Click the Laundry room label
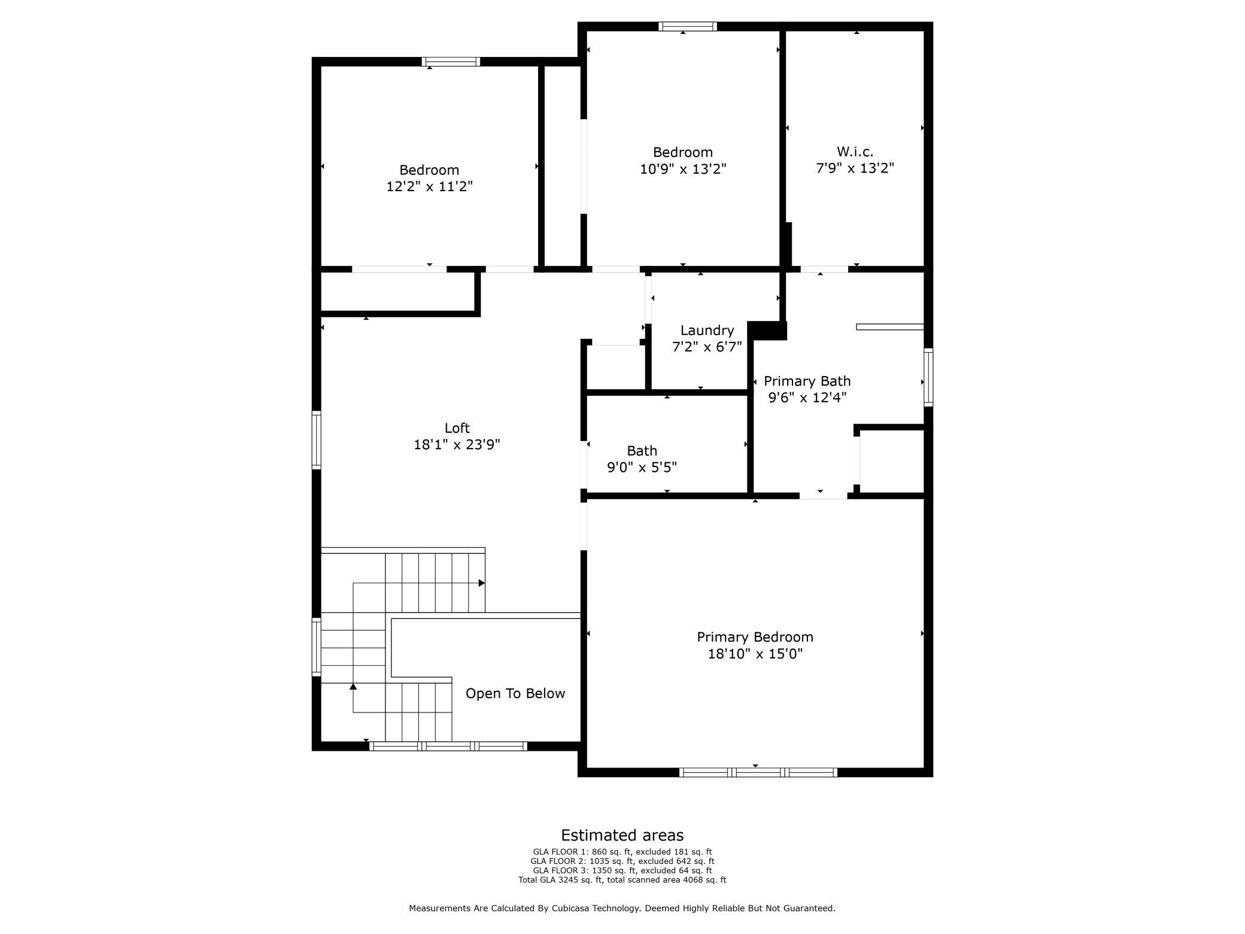pyautogui.click(x=707, y=330)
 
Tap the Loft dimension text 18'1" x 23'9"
pyautogui.click(x=457, y=445)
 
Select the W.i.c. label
pyautogui.click(x=855, y=152)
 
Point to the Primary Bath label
pyautogui.click(x=807, y=381)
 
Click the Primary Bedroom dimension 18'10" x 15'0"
pyautogui.click(x=755, y=654)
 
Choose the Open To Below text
pyautogui.click(x=515, y=693)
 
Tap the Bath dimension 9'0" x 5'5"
pyautogui.click(x=642, y=468)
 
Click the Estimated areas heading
pyautogui.click(x=622, y=835)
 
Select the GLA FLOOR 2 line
pyautogui.click(x=622, y=861)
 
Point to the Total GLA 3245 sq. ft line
pyautogui.click(x=622, y=880)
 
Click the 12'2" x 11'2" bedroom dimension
pyautogui.click(x=429, y=187)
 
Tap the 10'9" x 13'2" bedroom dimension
pyautogui.click(x=683, y=169)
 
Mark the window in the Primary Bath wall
pyautogui.click(x=928, y=377)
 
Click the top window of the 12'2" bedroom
pyautogui.click(x=451, y=62)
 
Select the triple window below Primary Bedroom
pyautogui.click(x=758, y=772)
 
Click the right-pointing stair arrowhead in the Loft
pyautogui.click(x=481, y=583)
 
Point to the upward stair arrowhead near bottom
pyautogui.click(x=353, y=687)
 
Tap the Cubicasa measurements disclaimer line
pyautogui.click(x=622, y=908)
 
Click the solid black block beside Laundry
pyautogui.click(x=767, y=330)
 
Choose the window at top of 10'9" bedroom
pyautogui.click(x=688, y=26)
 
